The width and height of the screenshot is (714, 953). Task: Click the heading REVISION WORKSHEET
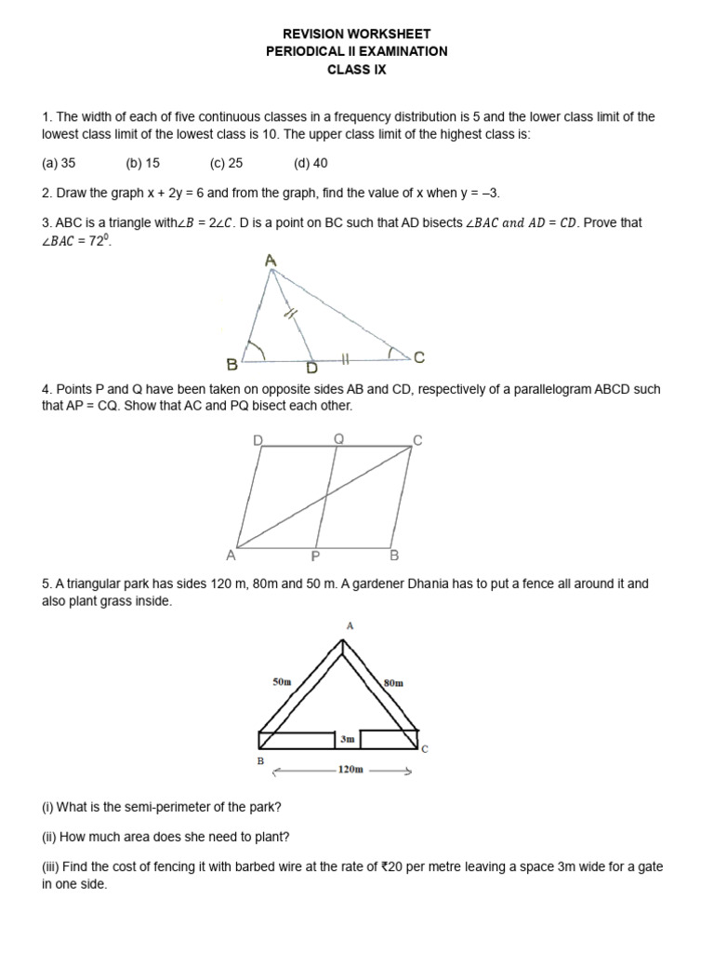pos(356,34)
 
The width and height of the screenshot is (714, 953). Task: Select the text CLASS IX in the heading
pos(356,70)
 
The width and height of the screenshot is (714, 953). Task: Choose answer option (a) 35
pos(59,163)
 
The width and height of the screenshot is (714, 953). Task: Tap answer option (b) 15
pos(143,163)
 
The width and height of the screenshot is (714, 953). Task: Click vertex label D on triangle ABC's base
pos(312,369)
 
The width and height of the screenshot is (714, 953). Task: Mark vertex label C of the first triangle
pos(419,357)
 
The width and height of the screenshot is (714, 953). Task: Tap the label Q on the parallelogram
pos(338,437)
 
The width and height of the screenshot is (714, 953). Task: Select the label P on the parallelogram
pos(316,557)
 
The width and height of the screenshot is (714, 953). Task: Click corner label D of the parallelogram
pos(258,438)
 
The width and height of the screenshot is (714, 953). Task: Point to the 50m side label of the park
pos(282,682)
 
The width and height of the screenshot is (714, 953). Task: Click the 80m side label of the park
pos(393,682)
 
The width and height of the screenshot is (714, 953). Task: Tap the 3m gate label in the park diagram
pos(347,739)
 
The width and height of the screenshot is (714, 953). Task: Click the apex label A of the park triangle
pos(350,626)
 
